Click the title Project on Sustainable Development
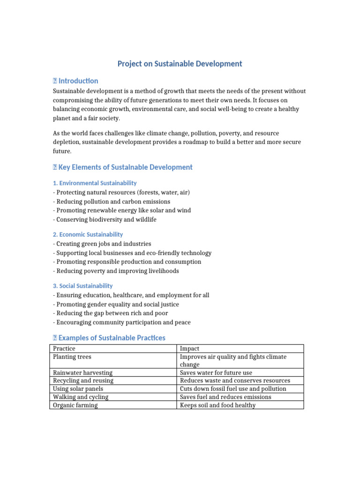180,64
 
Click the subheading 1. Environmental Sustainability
95,183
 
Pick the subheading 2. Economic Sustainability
88,234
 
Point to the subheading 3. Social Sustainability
82,285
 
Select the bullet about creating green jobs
102,244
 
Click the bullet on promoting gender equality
116,304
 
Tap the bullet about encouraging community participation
121,322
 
